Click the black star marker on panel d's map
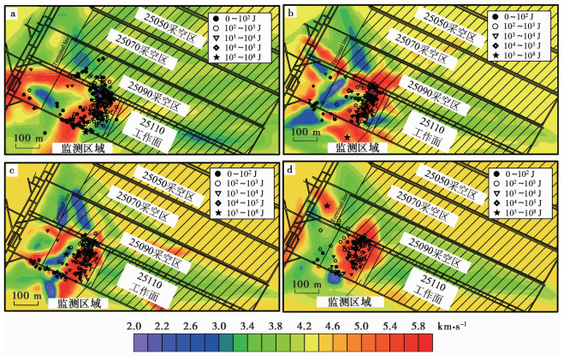pos(327,206)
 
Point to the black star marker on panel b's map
pos(347,138)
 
